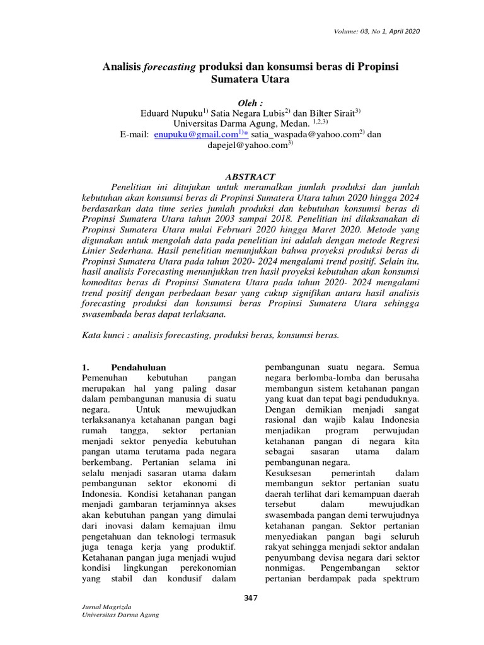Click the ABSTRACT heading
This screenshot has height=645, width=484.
(251, 177)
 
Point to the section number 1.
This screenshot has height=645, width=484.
(87, 367)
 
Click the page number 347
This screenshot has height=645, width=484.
(251, 598)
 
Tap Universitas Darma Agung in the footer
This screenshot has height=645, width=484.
(117, 615)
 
